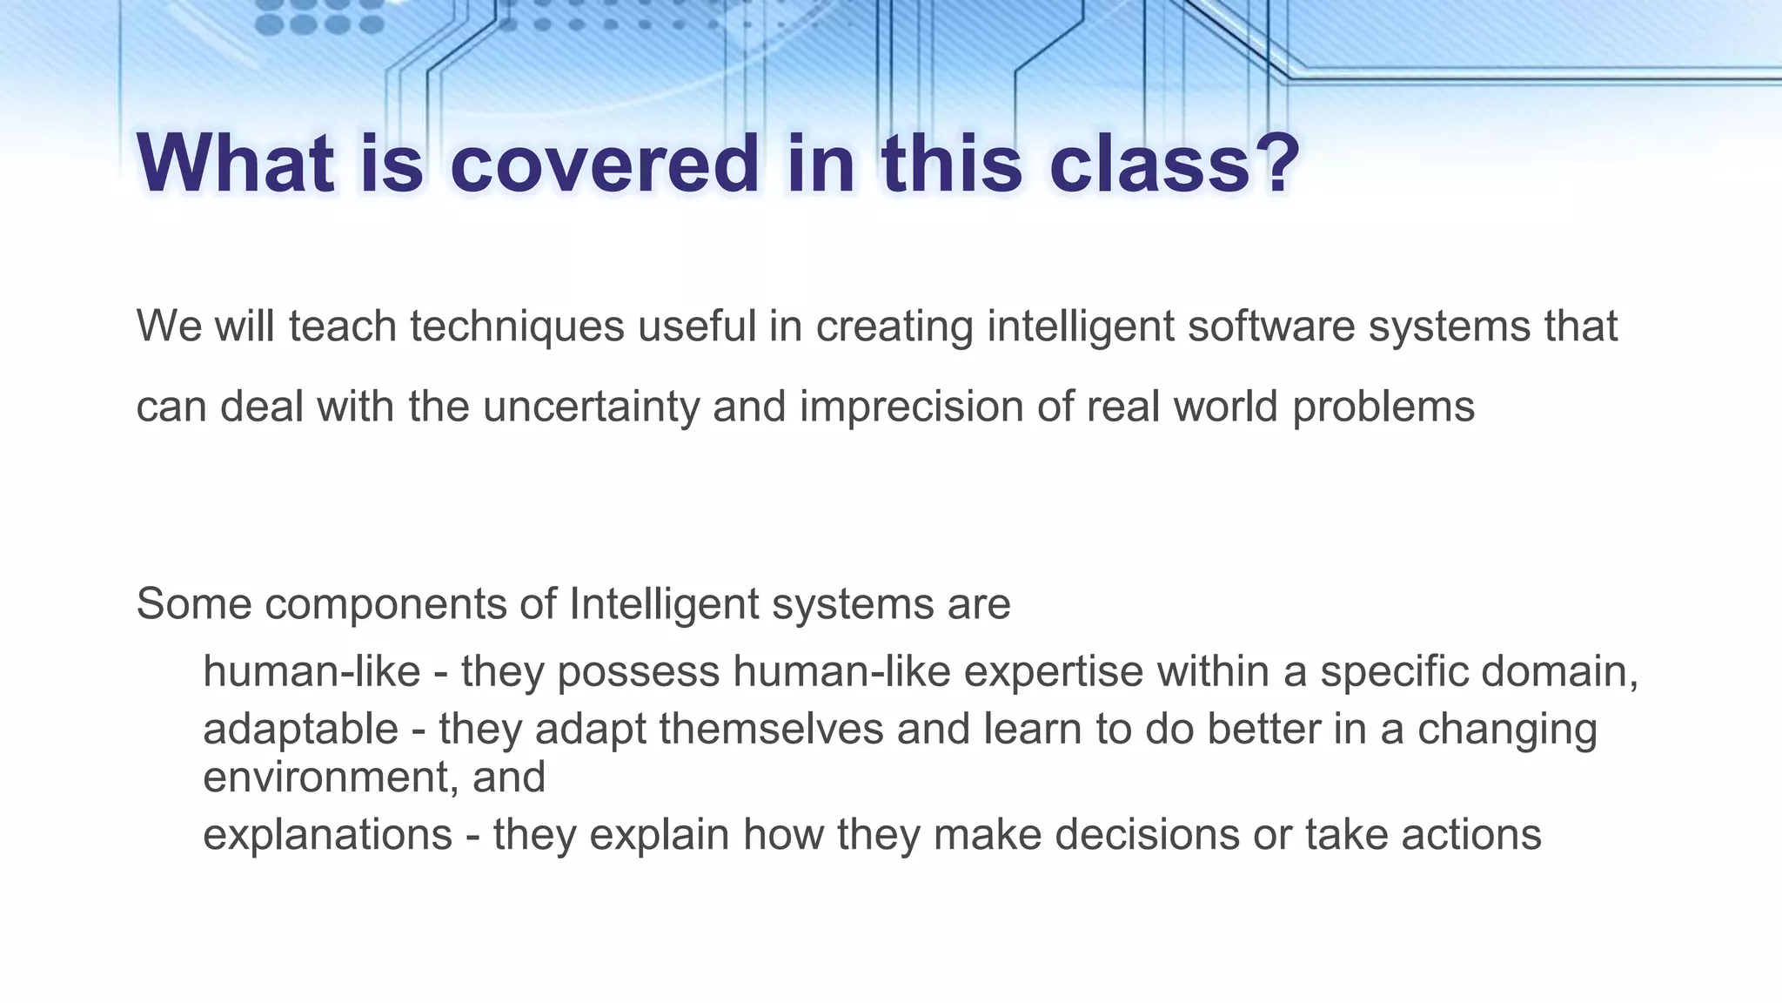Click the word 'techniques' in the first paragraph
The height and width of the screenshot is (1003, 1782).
(x=517, y=326)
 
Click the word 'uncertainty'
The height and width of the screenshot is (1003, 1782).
(x=591, y=407)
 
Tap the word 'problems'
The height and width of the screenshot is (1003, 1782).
(x=1383, y=407)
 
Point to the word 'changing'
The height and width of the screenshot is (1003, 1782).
(x=1507, y=729)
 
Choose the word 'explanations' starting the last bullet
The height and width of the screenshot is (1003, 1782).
(x=327, y=834)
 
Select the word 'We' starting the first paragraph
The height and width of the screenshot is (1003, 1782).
(x=169, y=326)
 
